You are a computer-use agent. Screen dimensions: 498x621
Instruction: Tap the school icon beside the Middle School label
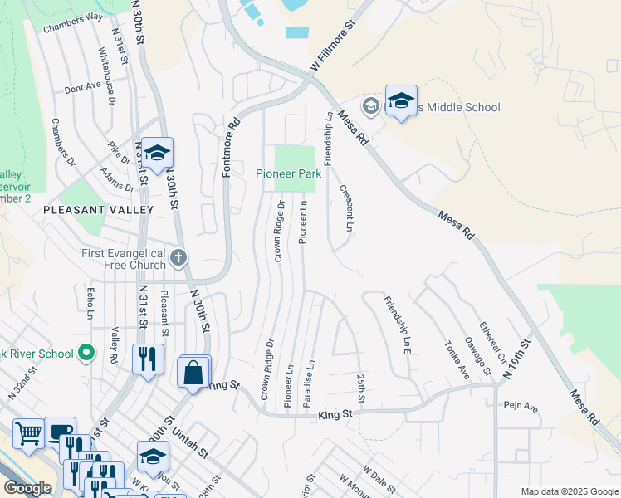coord(401,102)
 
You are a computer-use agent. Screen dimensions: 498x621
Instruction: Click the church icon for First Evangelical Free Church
coord(178,259)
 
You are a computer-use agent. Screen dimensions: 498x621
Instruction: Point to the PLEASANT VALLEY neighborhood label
coord(99,210)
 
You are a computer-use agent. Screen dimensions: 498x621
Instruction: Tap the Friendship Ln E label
coord(396,328)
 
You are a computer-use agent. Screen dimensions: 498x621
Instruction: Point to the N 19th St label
coord(517,359)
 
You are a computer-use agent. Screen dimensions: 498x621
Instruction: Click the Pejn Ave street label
coord(521,408)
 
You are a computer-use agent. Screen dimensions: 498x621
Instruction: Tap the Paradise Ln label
coord(310,383)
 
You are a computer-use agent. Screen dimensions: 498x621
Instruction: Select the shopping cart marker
coord(28,432)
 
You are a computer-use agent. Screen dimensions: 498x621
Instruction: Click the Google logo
coord(27,488)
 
